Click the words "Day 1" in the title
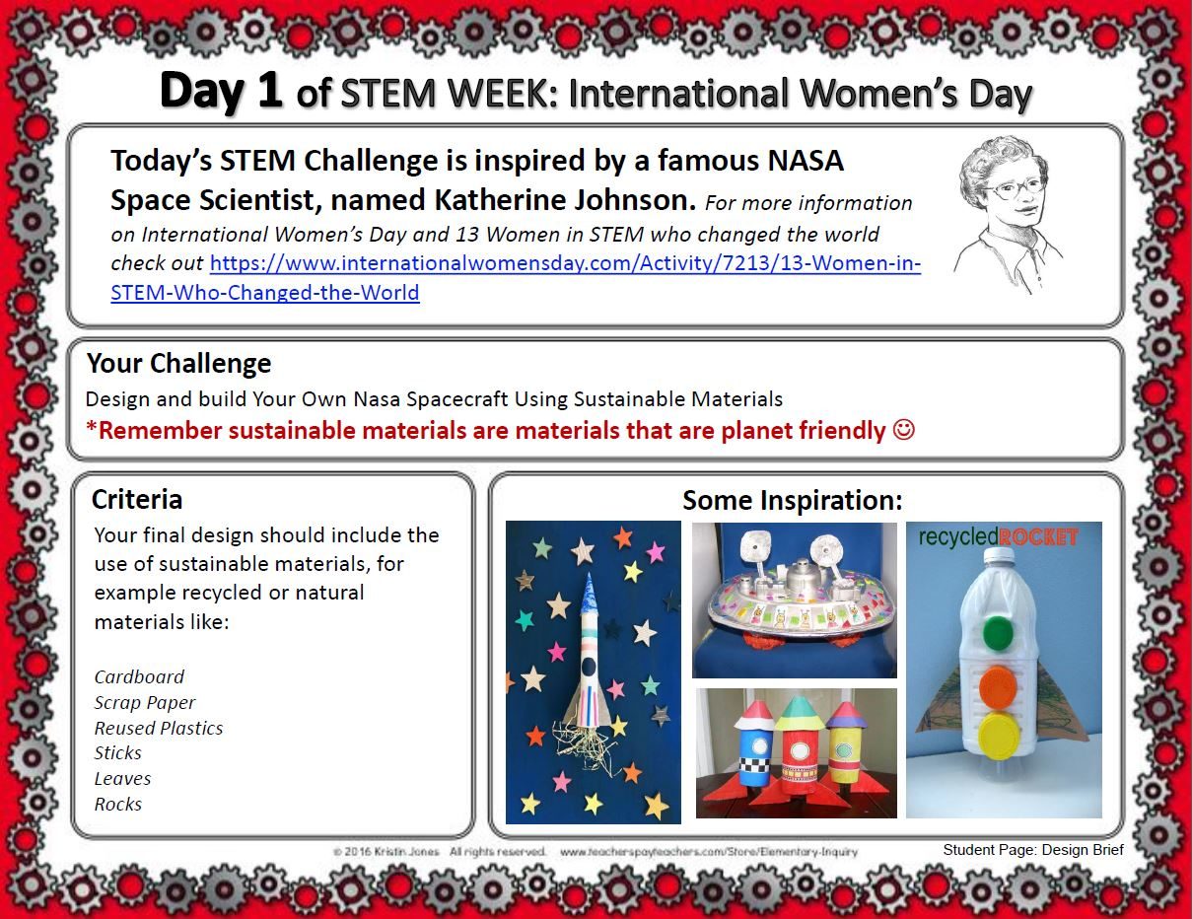pos(221,91)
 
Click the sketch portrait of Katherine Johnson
pos(1006,212)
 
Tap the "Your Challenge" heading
pos(178,364)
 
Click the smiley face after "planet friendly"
pos(903,431)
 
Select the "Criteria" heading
pos(136,499)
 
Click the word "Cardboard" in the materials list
pos(139,676)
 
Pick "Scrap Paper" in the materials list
pos(145,702)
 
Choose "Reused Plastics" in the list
pos(159,728)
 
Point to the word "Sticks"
pos(118,753)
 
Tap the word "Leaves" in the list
pos(122,779)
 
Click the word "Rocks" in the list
pos(118,805)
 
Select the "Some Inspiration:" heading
pos(792,501)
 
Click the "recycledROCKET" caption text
pos(997,537)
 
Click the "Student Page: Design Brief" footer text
pos(1032,849)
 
